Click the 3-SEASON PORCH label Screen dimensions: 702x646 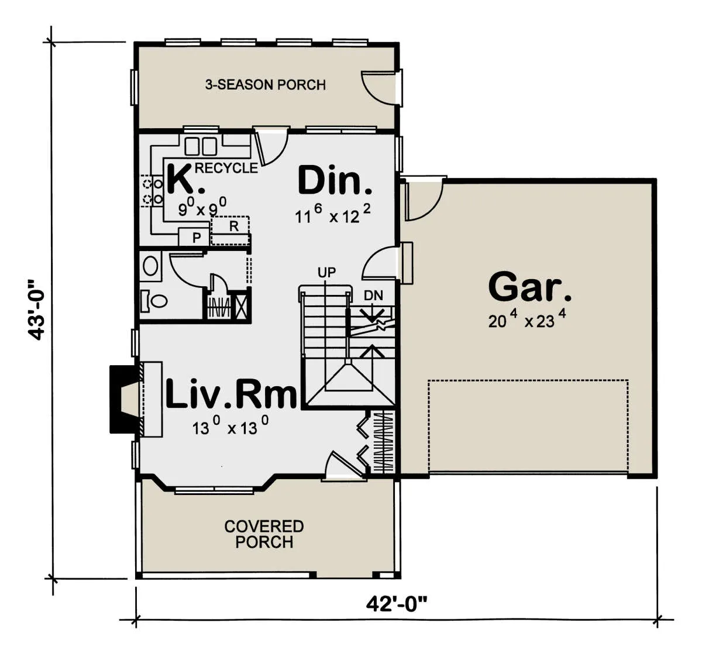point(265,85)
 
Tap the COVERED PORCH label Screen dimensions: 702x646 point(264,534)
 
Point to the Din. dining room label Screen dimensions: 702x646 point(335,181)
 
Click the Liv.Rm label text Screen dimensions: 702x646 point(231,394)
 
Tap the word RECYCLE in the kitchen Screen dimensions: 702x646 point(226,168)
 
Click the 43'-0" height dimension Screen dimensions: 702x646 point(36,310)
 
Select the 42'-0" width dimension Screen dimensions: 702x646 point(397,604)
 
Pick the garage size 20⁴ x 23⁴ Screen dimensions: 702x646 point(526,319)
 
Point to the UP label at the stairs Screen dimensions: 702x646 point(326,273)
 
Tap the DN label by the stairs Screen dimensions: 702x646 point(373,295)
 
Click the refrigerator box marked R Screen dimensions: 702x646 point(230,231)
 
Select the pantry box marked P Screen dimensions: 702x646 point(194,237)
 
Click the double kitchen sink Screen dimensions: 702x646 point(201,146)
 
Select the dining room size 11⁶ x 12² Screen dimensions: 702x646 point(333,214)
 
